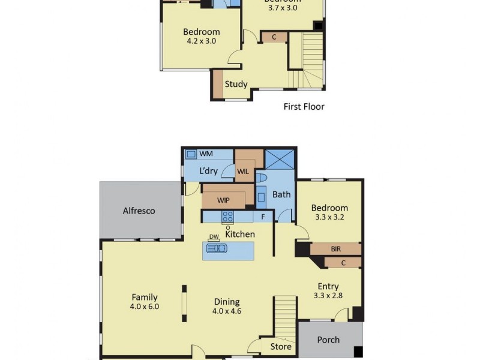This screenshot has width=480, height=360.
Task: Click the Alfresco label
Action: [139, 211]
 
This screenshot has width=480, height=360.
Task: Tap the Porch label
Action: [328, 340]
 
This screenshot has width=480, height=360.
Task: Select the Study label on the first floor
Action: [236, 84]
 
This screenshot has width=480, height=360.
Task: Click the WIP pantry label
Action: [224, 200]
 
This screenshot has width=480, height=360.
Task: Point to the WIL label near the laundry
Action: [243, 171]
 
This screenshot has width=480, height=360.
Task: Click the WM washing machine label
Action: [206, 154]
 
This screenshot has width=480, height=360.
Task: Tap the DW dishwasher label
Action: [214, 237]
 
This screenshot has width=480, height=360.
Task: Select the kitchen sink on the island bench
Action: [216, 248]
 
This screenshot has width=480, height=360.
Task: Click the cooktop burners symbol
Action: [228, 217]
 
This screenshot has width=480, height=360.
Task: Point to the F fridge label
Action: [262, 217]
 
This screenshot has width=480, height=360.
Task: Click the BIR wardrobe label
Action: [336, 248]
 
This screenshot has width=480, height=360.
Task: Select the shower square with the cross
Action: [279, 160]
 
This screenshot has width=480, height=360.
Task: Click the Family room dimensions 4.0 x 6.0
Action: [145, 307]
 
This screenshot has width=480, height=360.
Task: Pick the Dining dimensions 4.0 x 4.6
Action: [227, 311]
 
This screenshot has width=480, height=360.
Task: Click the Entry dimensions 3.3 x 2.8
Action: [328, 296]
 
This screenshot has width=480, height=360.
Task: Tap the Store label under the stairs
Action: [281, 346]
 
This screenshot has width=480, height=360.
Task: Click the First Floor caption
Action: [304, 107]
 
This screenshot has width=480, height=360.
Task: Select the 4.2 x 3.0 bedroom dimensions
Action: [201, 41]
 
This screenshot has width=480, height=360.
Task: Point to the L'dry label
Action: [208, 171]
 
